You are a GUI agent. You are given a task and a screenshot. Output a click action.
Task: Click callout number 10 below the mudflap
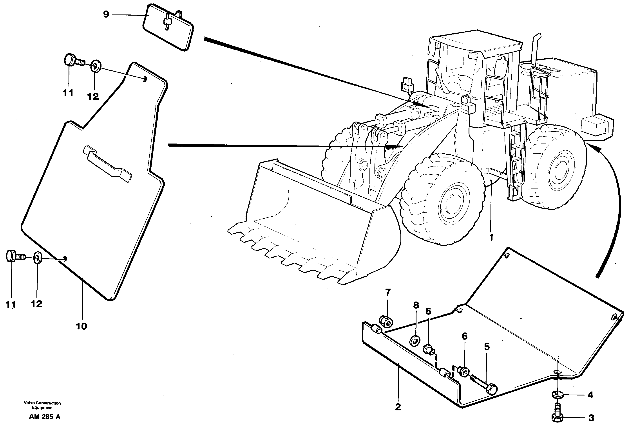coord(81,326)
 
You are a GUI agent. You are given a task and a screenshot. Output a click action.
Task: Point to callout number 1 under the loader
coord(491,238)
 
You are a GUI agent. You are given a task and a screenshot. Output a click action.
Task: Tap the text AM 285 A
coord(45,417)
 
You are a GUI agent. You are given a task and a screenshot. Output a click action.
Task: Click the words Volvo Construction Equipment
coord(42,405)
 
